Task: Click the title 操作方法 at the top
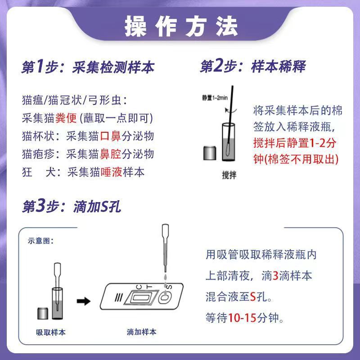181,27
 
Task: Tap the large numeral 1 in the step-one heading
40,66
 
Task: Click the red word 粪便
66,118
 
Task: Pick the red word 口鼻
110,136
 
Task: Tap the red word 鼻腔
110,154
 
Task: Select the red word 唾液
111,172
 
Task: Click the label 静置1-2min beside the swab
215,98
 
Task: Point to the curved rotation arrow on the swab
230,110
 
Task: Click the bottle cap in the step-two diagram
210,153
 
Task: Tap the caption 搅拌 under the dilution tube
229,175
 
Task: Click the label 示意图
40,241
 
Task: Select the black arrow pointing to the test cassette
84,301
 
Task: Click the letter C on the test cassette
139,287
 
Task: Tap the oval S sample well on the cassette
165,298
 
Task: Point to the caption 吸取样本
51,332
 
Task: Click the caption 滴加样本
141,332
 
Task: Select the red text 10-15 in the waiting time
242,318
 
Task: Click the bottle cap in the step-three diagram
43,314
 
